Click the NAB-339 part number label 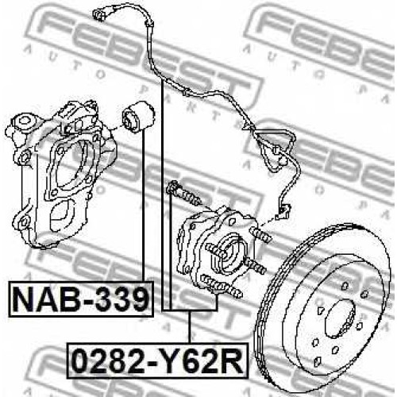[x=81, y=299]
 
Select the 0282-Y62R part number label [x=158, y=361]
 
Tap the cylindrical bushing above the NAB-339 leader [x=138, y=117]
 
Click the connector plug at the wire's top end [x=100, y=15]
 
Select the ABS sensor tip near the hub [x=283, y=211]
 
